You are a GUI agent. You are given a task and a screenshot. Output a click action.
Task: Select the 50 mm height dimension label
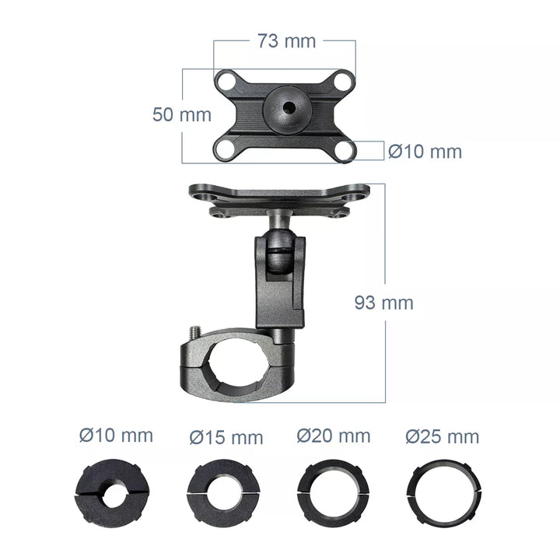tap(182, 114)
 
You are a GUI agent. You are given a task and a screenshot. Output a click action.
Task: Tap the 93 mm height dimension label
tap(384, 303)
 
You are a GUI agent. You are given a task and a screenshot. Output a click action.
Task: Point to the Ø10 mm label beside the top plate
tap(425, 152)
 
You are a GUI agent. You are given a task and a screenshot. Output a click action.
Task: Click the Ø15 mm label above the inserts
tap(226, 437)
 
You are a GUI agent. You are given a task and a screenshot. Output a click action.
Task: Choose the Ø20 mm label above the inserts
tap(333, 436)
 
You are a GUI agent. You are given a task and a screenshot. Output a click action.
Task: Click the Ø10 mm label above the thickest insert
tap(116, 436)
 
